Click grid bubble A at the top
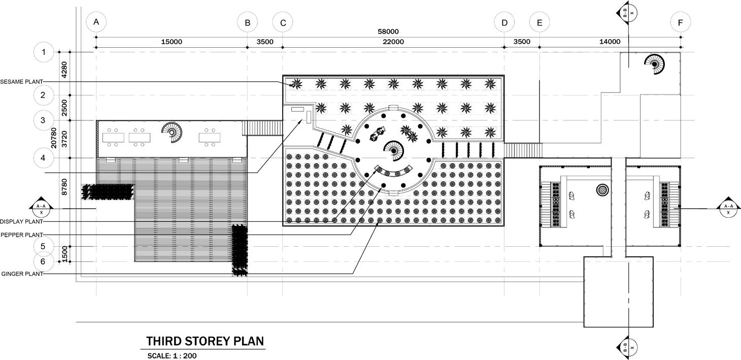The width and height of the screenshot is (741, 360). point(96,22)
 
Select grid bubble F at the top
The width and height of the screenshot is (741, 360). point(680,22)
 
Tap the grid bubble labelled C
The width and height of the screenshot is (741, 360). point(283,22)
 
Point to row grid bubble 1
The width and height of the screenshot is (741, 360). point(44,52)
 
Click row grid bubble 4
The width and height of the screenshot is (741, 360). point(44,158)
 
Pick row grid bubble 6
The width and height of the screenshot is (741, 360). point(44,261)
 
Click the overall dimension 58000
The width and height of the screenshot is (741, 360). point(388,31)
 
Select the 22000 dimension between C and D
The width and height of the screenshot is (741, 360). point(393,42)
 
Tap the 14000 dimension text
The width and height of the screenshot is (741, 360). point(610,42)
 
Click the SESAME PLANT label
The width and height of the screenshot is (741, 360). point(21,81)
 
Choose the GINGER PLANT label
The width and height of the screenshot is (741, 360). point(22,274)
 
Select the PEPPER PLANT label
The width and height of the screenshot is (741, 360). point(21,235)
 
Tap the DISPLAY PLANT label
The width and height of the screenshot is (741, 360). point(21,222)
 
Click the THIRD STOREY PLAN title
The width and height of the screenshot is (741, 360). point(205,341)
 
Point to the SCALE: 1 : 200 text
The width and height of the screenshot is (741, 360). point(172,356)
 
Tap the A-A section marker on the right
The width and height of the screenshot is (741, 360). point(728,208)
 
